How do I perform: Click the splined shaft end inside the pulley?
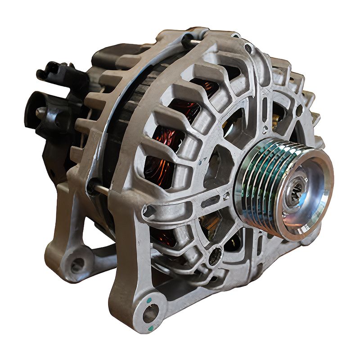pos(295,193)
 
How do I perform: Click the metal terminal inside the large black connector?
pos(41,112)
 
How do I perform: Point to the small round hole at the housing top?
pos(248,47)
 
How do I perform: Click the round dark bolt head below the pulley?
pos(215,256)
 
